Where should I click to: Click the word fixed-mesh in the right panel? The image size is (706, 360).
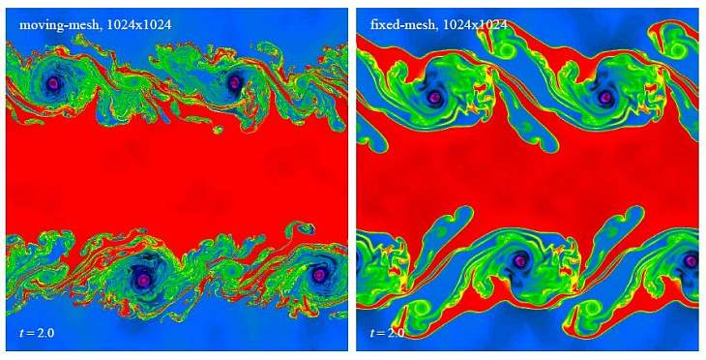coord(397,24)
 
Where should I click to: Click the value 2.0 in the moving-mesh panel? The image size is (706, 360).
coord(46,333)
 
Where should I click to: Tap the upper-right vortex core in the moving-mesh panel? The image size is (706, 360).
coord(234,84)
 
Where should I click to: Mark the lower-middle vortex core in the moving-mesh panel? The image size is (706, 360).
coord(144,279)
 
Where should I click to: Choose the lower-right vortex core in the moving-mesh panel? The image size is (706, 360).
coord(319,275)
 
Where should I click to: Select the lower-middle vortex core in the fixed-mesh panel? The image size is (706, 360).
coord(520,260)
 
